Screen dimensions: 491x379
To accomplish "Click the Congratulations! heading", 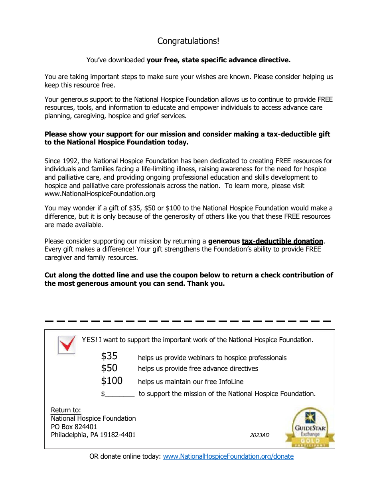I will click(188, 41).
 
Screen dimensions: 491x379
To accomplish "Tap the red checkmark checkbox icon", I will click(67, 344).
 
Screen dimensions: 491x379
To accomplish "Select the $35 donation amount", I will click(109, 356).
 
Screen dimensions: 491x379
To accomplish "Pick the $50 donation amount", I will click(109, 368).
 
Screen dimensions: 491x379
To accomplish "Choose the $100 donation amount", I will click(112, 381).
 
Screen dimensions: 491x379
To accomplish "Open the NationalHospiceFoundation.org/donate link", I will click(228, 456).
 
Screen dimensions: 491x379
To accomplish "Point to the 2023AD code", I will click(259, 435).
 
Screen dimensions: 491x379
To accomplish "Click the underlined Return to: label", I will click(66, 410).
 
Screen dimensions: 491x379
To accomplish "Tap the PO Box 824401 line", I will click(74, 427).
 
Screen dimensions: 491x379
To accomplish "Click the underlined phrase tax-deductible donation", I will click(282, 241).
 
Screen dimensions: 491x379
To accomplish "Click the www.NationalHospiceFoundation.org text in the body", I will click(100, 194).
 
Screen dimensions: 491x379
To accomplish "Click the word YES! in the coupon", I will click(89, 340).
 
